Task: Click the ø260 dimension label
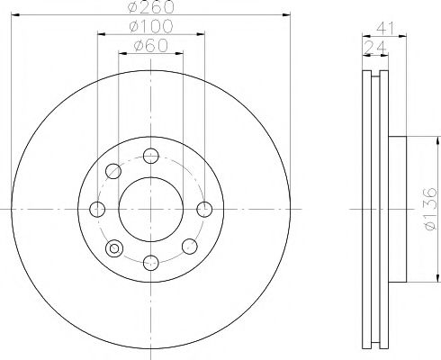click(151, 8)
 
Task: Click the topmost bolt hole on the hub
click(151, 156)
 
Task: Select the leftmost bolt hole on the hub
click(97, 210)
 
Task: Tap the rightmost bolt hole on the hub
click(205, 210)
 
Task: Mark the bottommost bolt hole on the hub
click(151, 263)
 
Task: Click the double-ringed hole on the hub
click(113, 247)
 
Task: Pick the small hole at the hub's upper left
click(113, 171)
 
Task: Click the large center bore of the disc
click(151, 210)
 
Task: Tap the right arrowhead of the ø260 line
click(287, 16)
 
